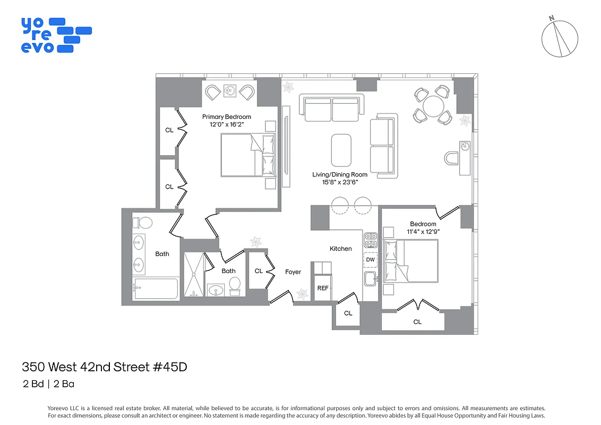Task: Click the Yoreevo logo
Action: (56, 35)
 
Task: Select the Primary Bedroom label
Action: (226, 117)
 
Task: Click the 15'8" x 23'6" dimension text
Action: (340, 182)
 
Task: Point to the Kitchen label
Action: (340, 248)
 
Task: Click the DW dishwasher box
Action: (370, 260)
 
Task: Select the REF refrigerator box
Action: (323, 287)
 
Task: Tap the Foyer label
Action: (293, 272)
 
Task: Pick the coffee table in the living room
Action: (341, 150)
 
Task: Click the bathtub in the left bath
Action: (156, 289)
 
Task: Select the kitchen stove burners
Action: (370, 240)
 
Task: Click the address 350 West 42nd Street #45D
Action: (105, 367)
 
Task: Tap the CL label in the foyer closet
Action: (259, 271)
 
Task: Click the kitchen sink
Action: (370, 278)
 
